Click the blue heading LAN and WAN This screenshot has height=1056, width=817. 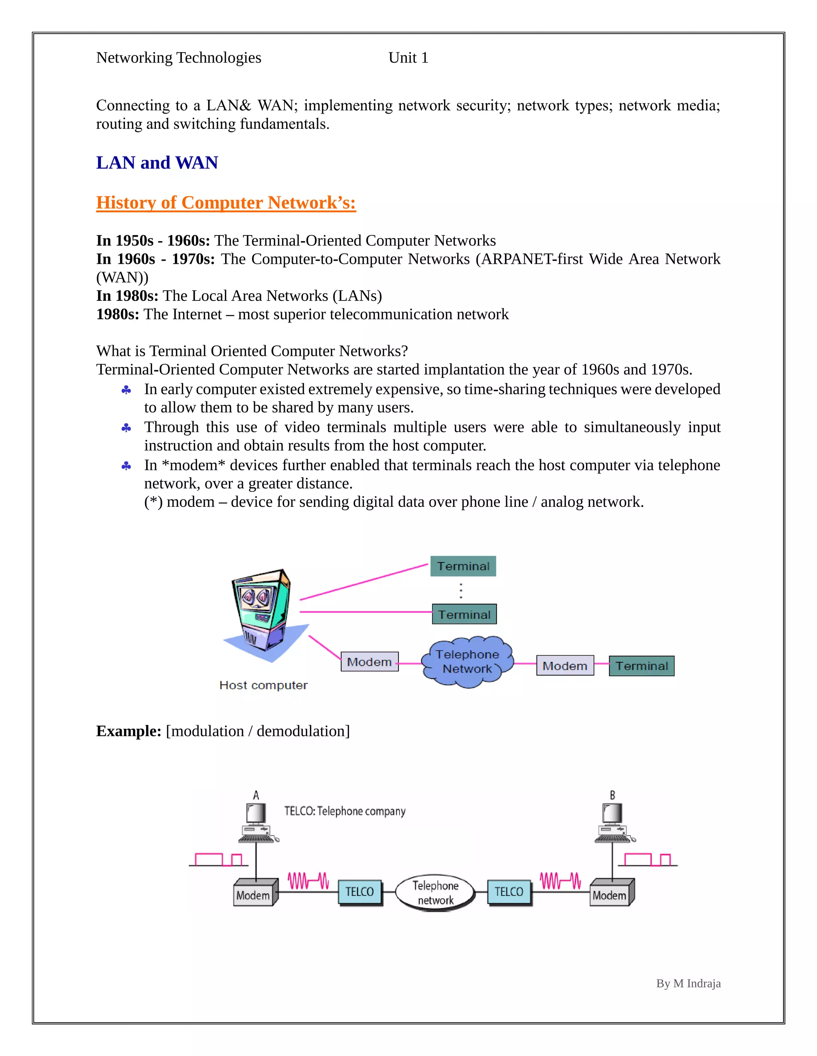click(157, 163)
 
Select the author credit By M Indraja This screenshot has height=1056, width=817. click(688, 983)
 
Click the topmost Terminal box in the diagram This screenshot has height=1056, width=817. click(463, 566)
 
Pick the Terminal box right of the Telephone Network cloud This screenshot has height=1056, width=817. click(641, 666)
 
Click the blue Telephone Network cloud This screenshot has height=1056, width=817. click(467, 661)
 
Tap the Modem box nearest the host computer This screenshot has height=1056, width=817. click(369, 661)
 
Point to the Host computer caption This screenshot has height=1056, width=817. click(263, 685)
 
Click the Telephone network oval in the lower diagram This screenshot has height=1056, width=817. click(435, 893)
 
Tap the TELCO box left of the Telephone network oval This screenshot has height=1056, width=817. click(359, 891)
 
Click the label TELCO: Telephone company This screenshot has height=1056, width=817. click(345, 811)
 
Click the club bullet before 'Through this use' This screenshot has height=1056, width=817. click(126, 428)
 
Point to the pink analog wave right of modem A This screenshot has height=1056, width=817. click(308, 881)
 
